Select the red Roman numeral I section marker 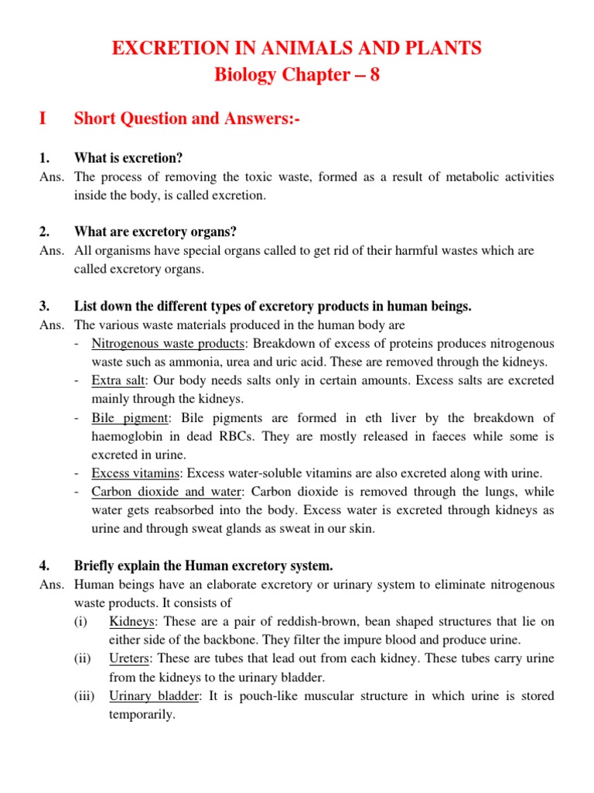43,118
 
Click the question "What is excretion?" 128,158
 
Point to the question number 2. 44,232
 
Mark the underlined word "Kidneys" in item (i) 131,621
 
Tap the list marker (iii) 84,695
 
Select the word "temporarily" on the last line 142,714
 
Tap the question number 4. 44,566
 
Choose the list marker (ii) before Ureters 83,658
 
